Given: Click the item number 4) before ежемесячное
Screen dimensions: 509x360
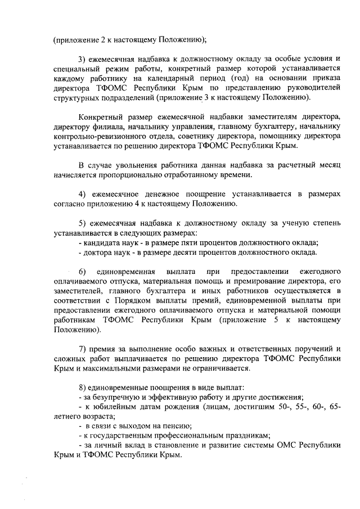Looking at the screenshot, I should [82, 194].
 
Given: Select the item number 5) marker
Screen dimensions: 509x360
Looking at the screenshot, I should [82, 223].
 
